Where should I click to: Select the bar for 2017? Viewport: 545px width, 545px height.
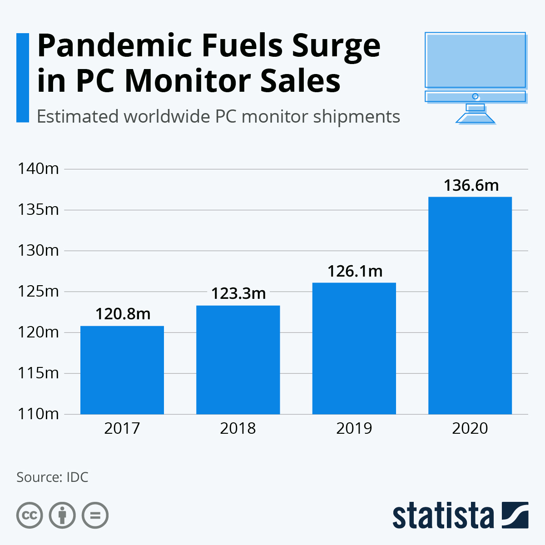[x=122, y=370]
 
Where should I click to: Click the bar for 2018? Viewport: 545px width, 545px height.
[x=238, y=360]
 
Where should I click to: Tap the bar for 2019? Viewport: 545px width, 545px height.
[x=354, y=348]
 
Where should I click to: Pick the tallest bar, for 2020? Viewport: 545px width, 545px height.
[x=470, y=305]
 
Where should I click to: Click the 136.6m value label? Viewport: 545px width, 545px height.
[x=471, y=185]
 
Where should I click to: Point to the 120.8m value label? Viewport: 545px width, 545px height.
[x=123, y=314]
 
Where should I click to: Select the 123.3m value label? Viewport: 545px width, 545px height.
[x=238, y=293]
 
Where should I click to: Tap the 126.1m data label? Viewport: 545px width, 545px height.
[x=355, y=271]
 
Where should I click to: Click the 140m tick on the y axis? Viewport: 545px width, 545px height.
[x=38, y=168]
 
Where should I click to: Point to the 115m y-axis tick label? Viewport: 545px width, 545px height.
[x=38, y=373]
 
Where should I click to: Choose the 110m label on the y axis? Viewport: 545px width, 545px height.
[x=38, y=414]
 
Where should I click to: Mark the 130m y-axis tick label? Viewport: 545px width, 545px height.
[x=38, y=250]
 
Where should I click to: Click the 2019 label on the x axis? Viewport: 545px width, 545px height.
[x=354, y=428]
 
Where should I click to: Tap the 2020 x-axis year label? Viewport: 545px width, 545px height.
[x=470, y=428]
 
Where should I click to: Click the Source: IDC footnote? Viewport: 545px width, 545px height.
[x=52, y=477]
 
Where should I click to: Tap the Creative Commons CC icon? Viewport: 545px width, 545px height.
[x=30, y=515]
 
